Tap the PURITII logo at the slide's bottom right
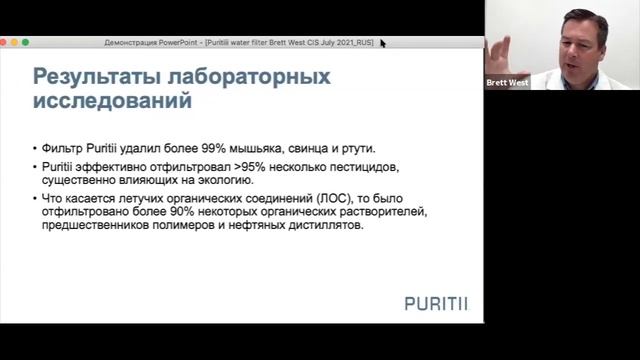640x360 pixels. [437, 303]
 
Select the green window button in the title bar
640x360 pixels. [26, 42]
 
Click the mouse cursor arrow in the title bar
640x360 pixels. [383, 43]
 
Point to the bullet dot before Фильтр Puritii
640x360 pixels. [35, 147]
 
